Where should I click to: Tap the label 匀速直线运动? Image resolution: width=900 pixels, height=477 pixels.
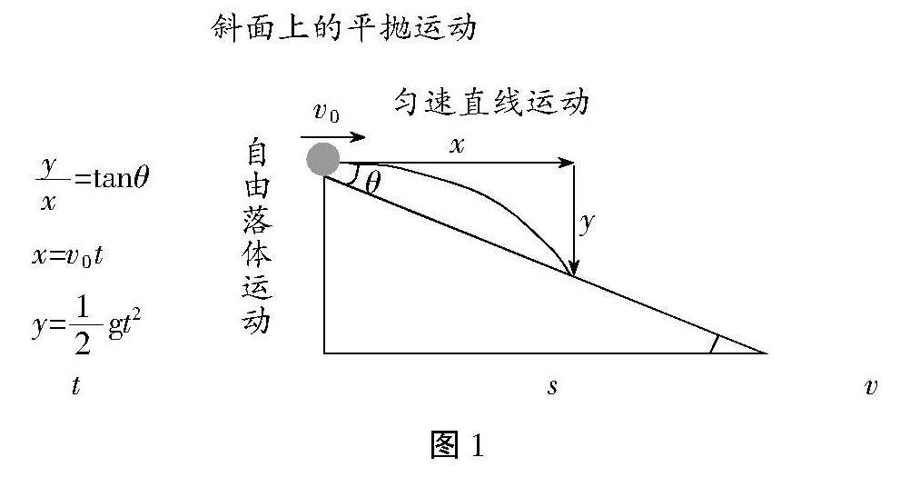[491, 101]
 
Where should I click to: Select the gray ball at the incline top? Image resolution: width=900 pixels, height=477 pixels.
[323, 159]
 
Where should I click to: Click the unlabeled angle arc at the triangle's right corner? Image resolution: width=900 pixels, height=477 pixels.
[715, 343]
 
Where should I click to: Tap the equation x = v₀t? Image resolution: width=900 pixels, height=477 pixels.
[69, 255]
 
